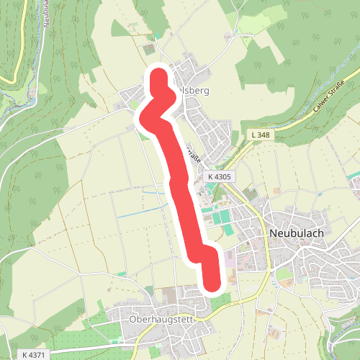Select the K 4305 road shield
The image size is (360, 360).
[x=219, y=176]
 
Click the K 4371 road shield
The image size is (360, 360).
[x=32, y=355]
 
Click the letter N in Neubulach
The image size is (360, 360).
[x=273, y=233]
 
